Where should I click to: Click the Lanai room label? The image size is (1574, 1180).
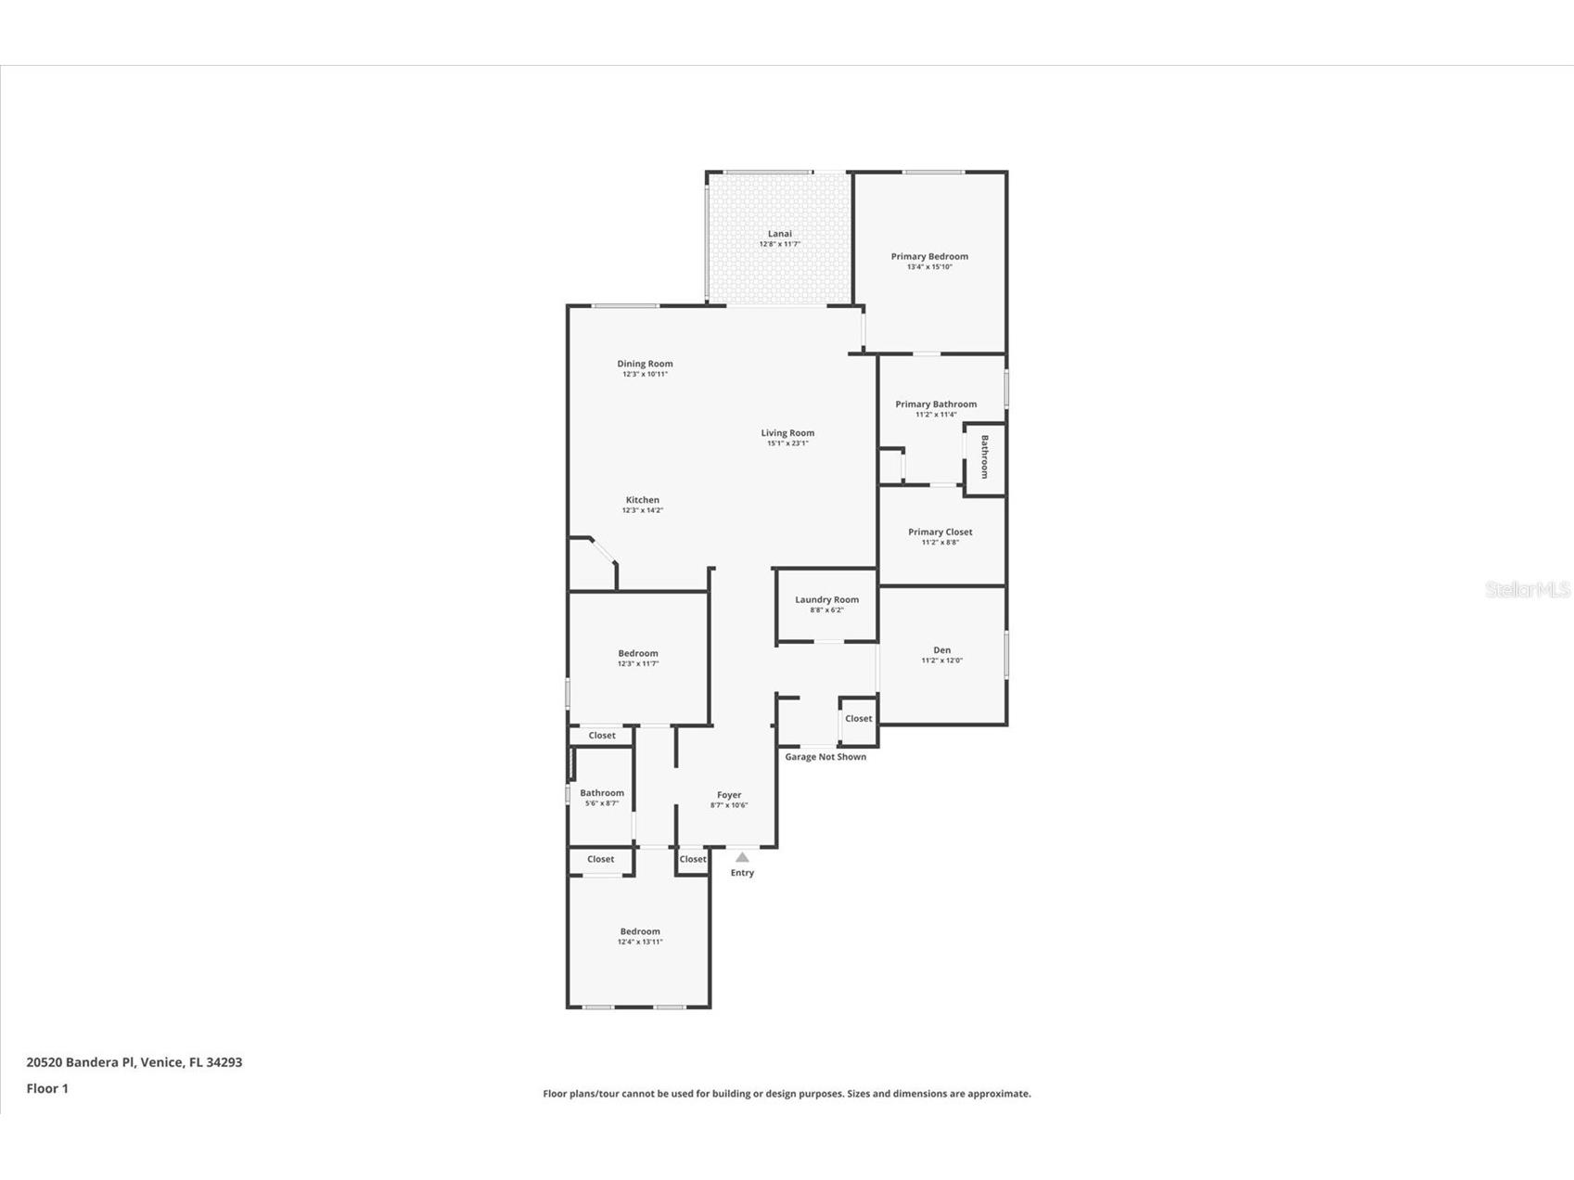click(779, 234)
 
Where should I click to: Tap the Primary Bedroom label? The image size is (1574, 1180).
click(929, 257)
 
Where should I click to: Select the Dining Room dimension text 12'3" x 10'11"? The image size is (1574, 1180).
click(645, 375)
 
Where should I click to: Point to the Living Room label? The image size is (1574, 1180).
click(787, 433)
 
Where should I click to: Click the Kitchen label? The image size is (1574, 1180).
click(642, 500)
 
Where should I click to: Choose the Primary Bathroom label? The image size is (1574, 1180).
click(935, 404)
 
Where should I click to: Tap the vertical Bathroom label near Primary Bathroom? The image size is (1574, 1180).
click(985, 456)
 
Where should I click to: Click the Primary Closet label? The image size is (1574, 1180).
click(940, 532)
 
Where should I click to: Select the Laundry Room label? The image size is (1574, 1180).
click(826, 600)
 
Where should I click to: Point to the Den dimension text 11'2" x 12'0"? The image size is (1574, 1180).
click(941, 661)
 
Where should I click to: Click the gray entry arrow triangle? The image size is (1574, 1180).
click(742, 857)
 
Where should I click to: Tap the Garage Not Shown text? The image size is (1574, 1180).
click(825, 757)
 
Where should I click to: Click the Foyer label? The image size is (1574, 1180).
click(729, 795)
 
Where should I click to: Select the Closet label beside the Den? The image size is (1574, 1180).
click(858, 719)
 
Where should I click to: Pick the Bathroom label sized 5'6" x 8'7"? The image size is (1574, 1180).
click(602, 793)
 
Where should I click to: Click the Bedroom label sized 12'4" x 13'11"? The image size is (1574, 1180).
click(640, 931)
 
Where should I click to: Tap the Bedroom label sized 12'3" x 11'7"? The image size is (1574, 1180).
click(638, 654)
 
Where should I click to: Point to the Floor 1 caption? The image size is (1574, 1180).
click(47, 1088)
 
